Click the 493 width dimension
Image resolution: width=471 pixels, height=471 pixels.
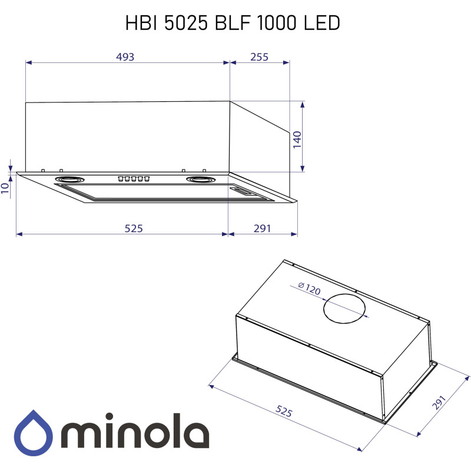[x=125, y=57]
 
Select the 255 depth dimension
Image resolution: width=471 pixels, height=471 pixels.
[x=259, y=57]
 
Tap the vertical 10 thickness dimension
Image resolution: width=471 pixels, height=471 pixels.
[x=5, y=188]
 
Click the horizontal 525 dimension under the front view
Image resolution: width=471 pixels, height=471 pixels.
[x=134, y=228]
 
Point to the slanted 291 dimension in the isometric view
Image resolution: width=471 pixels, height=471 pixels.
[x=439, y=403]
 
